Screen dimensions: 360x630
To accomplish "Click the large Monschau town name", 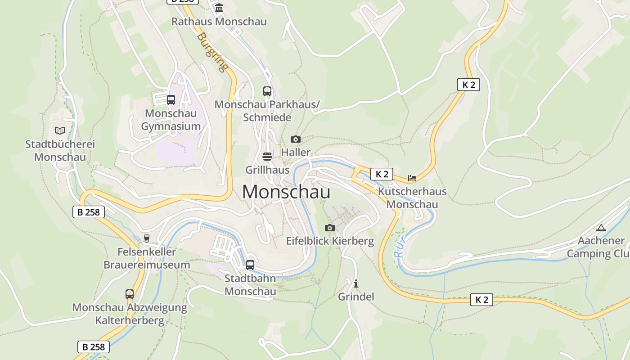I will coord(286,192).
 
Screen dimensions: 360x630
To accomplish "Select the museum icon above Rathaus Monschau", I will coord(219,8).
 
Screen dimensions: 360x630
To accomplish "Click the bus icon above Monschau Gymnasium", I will coord(171,100).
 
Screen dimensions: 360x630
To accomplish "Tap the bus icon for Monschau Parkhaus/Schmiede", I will coord(267,91).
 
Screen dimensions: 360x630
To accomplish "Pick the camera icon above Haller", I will coord(296,139).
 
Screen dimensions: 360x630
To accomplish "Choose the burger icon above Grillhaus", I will coord(267,157).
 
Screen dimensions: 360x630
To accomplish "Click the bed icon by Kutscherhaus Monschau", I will coord(412,178).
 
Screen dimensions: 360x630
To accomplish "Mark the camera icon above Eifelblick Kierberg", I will coord(330,228).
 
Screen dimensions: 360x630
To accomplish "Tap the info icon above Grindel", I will coord(356,283).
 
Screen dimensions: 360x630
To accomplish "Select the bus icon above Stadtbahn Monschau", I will coord(250,265).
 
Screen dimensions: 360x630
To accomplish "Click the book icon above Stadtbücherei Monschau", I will coord(60,131).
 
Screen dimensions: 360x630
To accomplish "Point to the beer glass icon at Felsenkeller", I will coord(146,238).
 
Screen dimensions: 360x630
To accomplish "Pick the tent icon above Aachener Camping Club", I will coord(601,228).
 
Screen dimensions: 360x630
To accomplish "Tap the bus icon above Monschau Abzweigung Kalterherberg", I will coord(130,294).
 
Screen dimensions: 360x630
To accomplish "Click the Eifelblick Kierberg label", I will coord(330,241).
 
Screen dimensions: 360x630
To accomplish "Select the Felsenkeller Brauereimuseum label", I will coord(147,258).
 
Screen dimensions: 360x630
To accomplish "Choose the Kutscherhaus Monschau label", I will coord(412,198).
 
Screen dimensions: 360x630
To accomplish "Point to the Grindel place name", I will coord(356,297).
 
